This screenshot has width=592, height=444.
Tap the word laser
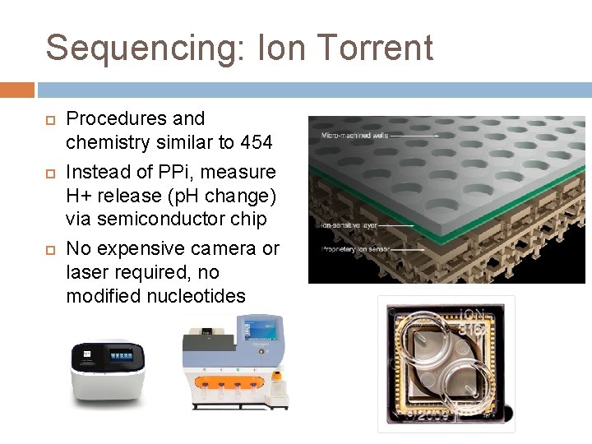[88, 271]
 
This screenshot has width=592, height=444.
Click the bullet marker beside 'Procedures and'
[50, 119]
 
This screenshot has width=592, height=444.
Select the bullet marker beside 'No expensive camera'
[50, 248]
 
